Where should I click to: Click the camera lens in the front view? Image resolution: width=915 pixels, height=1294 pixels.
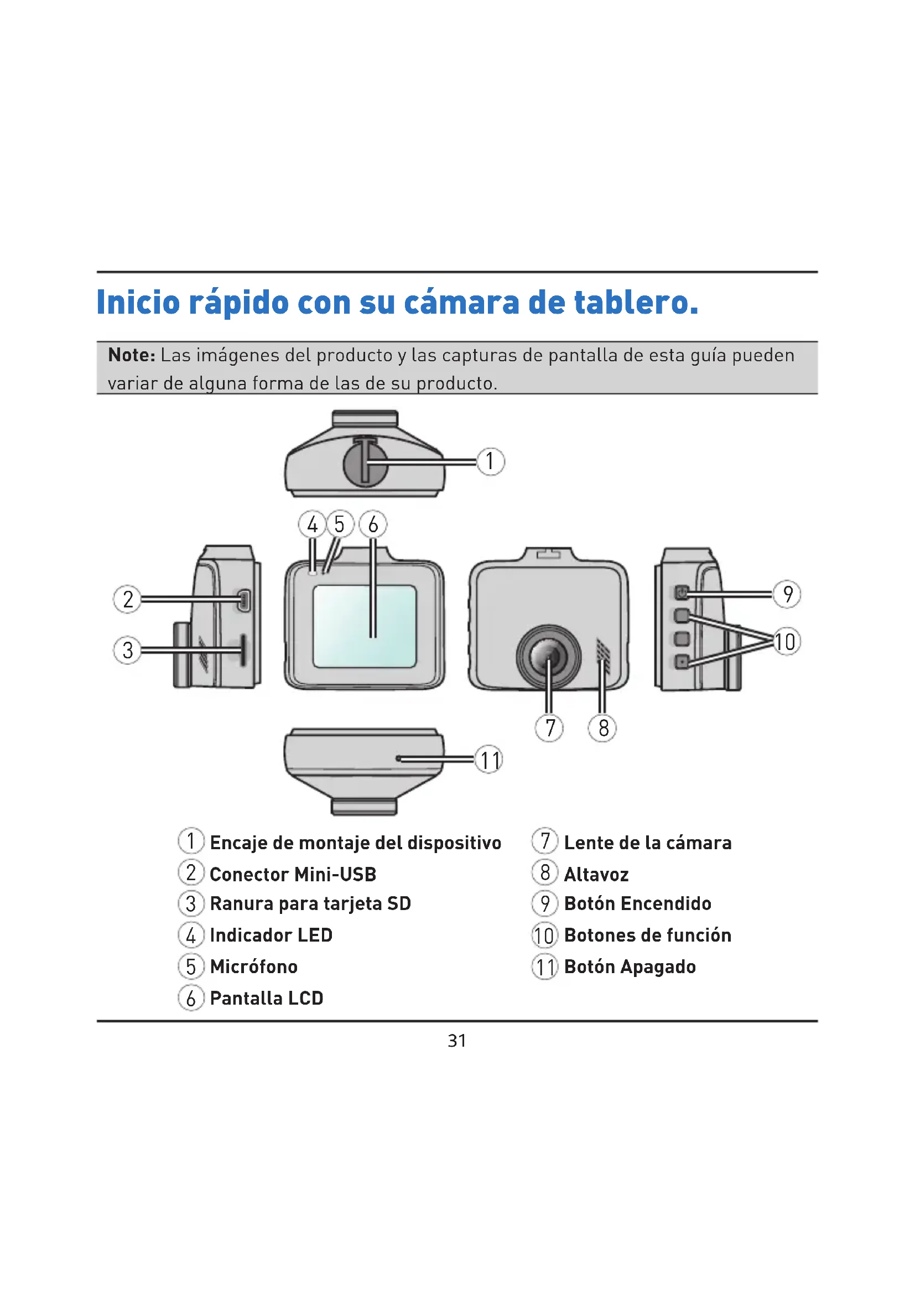click(549, 657)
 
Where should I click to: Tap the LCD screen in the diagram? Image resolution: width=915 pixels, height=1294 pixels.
click(365, 626)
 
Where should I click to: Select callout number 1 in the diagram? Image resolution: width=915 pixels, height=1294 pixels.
click(490, 461)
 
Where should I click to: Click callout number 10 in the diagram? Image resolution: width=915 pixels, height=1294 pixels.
click(786, 641)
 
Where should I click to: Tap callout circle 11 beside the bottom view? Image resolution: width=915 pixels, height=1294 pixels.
click(489, 760)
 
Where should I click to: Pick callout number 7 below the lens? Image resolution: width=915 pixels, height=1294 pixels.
click(549, 727)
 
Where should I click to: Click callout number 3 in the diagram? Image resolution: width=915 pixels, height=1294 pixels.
click(128, 650)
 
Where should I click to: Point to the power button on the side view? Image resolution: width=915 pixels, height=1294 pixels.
click(682, 593)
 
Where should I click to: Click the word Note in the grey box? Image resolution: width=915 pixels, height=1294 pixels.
click(132, 355)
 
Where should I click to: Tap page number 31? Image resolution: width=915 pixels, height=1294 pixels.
click(457, 1041)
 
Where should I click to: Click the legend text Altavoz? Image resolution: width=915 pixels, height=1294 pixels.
click(596, 874)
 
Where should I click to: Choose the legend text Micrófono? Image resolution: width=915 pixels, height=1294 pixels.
click(253, 966)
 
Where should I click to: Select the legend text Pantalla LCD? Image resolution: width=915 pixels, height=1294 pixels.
click(267, 998)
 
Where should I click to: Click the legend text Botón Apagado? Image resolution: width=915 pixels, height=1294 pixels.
click(630, 967)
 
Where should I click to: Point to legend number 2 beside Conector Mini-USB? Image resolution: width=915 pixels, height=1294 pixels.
click(191, 872)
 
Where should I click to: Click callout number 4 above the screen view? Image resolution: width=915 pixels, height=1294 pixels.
click(312, 524)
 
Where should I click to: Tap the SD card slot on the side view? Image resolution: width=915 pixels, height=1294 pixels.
click(243, 650)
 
